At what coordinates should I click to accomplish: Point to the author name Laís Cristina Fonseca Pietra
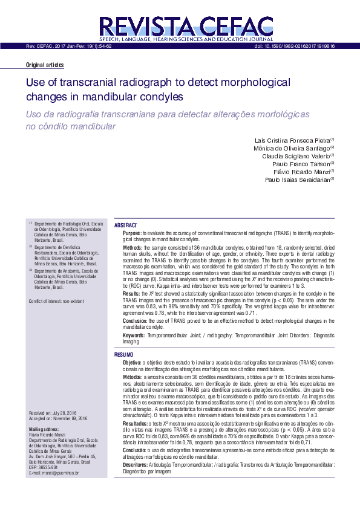(x=292, y=140)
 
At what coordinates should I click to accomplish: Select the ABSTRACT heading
(x=126, y=224)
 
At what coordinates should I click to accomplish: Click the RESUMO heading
(x=125, y=354)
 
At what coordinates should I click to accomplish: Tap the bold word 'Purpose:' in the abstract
(x=132, y=233)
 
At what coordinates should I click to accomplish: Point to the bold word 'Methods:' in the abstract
(x=133, y=247)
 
